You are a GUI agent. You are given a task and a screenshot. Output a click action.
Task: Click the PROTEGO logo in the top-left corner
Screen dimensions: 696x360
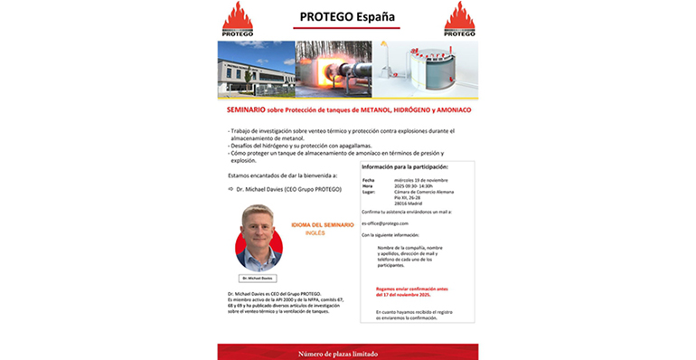click(x=238, y=19)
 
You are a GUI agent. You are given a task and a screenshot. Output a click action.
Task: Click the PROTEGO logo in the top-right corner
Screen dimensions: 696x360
click(x=459, y=19)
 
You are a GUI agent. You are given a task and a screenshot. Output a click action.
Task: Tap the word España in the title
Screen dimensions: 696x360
click(x=372, y=16)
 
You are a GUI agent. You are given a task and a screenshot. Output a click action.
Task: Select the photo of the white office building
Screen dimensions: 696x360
click(x=256, y=69)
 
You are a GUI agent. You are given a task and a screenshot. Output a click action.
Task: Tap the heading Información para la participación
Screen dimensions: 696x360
click(x=404, y=168)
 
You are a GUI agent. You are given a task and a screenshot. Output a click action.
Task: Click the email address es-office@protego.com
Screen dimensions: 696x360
click(x=385, y=223)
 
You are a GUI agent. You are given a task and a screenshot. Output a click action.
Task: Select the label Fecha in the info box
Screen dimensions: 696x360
click(x=367, y=180)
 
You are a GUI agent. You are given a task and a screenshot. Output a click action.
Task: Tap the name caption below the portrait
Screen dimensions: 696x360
click(x=259, y=278)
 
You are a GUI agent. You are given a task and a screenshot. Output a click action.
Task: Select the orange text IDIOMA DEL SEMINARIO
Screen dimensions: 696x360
click(x=323, y=223)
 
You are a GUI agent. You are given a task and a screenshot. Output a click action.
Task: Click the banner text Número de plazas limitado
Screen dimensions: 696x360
click(x=347, y=353)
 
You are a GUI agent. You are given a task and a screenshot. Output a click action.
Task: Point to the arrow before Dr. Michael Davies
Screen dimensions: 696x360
click(x=230, y=190)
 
